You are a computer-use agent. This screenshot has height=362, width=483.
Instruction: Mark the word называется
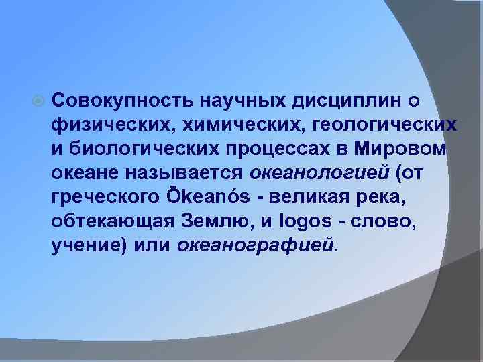coord(178,173)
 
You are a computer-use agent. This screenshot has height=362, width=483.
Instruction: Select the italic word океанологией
coord(319,173)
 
